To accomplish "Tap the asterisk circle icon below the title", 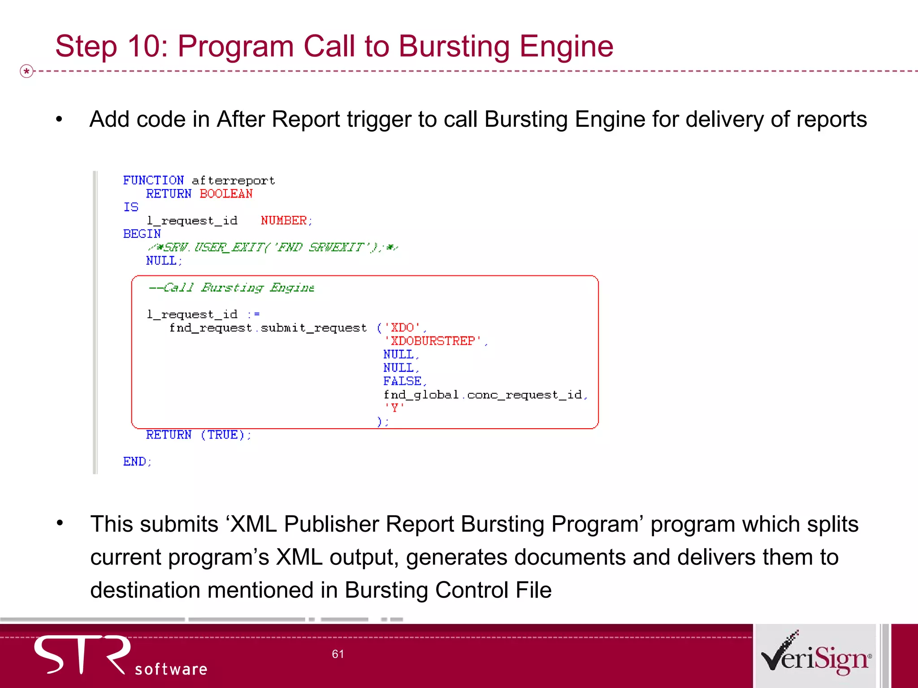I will [27, 71].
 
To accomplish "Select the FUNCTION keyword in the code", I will [153, 181].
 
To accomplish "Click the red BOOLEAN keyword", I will [226, 194].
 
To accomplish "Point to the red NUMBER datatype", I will [284, 221].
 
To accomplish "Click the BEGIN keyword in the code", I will [142, 234].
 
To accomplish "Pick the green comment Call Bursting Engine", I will [231, 288].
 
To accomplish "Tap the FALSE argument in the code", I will [402, 381].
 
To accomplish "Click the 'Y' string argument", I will [394, 408].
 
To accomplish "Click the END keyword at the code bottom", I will [134, 462].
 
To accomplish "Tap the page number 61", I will [338, 654].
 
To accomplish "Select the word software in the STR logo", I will [171, 669].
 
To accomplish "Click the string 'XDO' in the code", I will [402, 328].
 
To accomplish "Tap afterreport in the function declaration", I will [233, 181].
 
